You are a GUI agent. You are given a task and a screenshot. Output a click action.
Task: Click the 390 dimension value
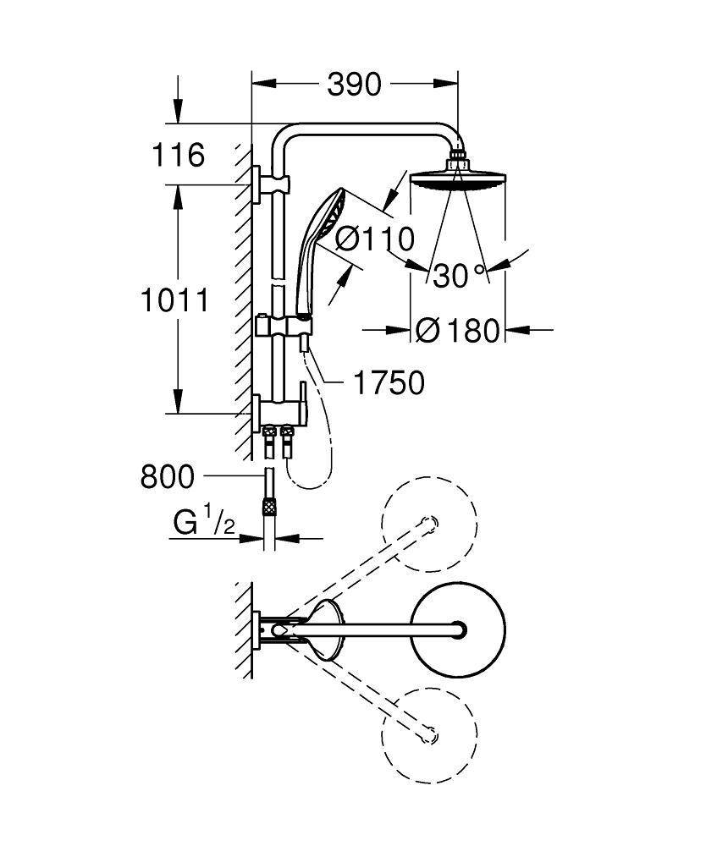tap(354, 84)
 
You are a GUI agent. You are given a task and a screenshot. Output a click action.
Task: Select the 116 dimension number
tap(178, 155)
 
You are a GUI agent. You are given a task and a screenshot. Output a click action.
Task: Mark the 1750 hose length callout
tap(389, 383)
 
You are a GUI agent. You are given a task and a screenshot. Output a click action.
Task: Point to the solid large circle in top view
tap(457, 629)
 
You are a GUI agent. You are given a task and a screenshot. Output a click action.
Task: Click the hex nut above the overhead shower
tap(457, 156)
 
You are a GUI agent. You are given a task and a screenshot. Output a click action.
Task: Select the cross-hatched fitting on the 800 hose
tap(271, 508)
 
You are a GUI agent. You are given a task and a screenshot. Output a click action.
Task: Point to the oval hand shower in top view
tap(326, 630)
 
